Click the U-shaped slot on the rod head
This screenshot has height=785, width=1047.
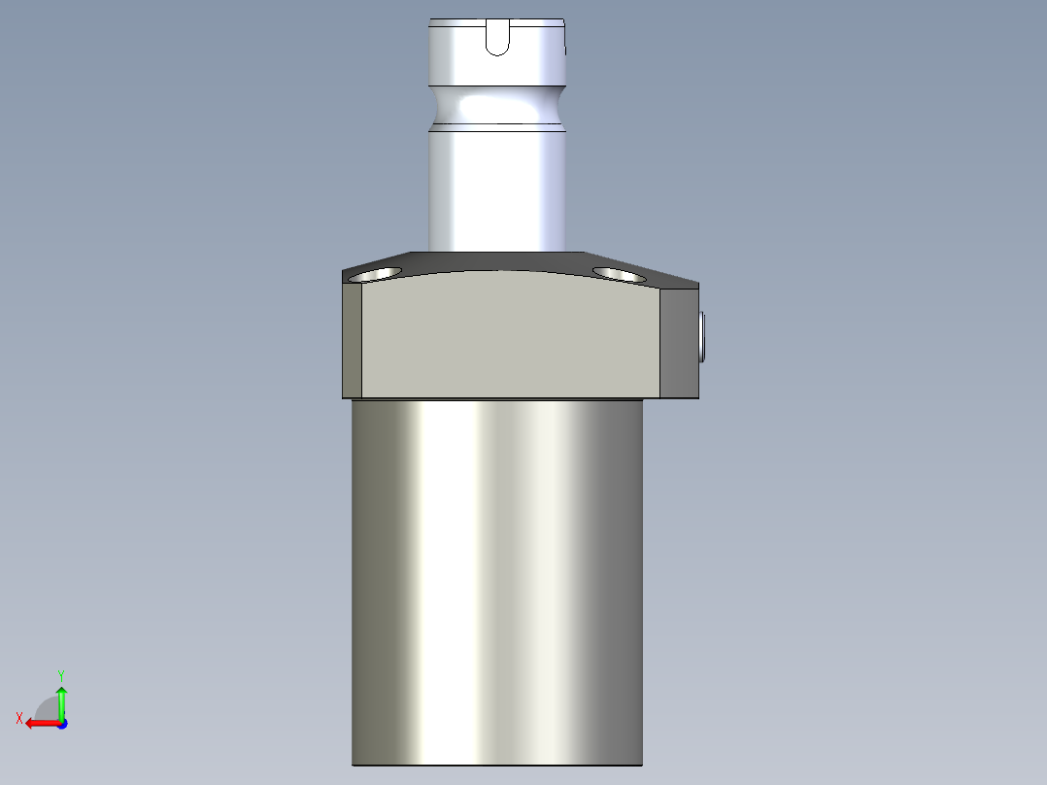click(x=496, y=38)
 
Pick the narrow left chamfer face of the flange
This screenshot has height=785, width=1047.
click(x=352, y=340)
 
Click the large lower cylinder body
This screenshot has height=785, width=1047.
click(x=496, y=583)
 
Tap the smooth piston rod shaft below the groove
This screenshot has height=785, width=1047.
click(x=496, y=189)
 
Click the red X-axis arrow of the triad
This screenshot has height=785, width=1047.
click(x=39, y=723)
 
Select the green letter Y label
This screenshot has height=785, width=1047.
click(x=61, y=673)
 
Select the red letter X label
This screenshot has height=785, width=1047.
click(x=19, y=718)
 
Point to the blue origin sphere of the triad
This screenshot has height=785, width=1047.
click(x=62, y=724)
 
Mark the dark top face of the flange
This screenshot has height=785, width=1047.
click(x=505, y=260)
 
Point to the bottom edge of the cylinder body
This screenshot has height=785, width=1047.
click(x=496, y=764)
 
